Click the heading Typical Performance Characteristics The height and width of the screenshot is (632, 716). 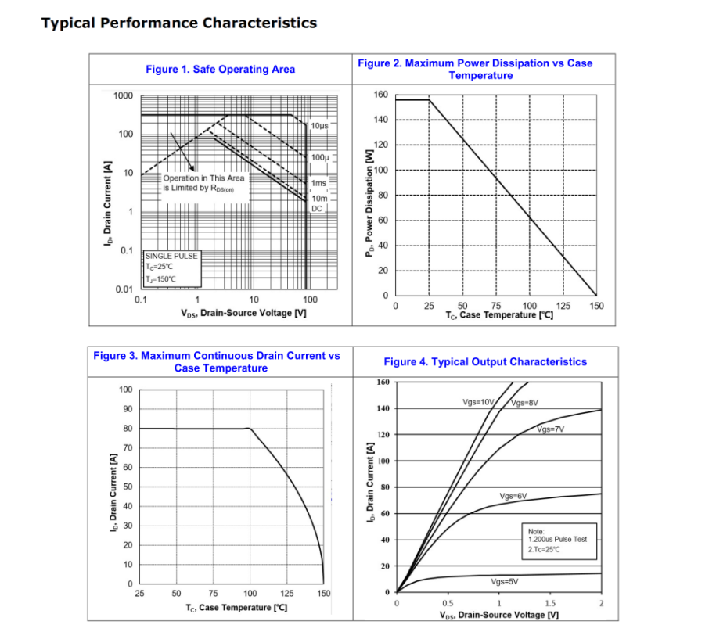pyautogui.click(x=179, y=23)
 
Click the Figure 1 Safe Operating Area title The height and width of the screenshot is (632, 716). pyautogui.click(x=220, y=70)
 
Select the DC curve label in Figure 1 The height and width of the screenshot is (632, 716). pyautogui.click(x=317, y=209)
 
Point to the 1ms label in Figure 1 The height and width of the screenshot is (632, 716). pyautogui.click(x=319, y=184)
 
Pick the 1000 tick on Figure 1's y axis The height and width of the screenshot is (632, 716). pyautogui.click(x=123, y=95)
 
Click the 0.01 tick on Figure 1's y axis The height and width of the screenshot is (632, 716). pyautogui.click(x=124, y=289)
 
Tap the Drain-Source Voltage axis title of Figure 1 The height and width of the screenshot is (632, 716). pyautogui.click(x=243, y=313)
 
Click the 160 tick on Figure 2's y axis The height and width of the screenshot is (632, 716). pyautogui.click(x=380, y=95)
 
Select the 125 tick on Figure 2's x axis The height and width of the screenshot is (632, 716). pyautogui.click(x=563, y=306)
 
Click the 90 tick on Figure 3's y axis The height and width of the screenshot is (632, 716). pyautogui.click(x=126, y=409)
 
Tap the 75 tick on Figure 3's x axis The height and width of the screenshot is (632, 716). pyautogui.click(x=214, y=594)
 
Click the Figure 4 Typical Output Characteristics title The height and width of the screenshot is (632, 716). pyautogui.click(x=484, y=362)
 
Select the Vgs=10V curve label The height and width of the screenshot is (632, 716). pyautogui.click(x=478, y=402)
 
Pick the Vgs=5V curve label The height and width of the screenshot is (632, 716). pyautogui.click(x=505, y=582)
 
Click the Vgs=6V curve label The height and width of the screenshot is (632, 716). pyautogui.click(x=513, y=497)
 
